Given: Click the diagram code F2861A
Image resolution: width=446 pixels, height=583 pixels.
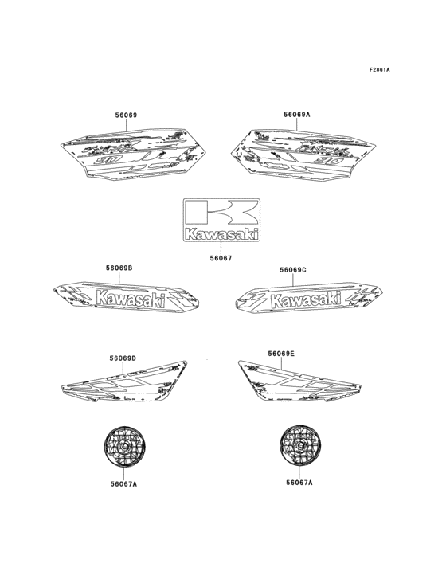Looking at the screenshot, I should coord(379,70).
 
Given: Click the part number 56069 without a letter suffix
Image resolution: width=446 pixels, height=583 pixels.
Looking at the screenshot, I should coord(127,115).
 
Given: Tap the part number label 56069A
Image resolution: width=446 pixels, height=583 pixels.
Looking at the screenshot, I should coord(296,115).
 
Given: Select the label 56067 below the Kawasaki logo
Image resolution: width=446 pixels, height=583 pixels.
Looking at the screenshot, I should coord(221,257).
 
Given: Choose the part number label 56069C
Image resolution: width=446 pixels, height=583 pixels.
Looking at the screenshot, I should coord(293,270).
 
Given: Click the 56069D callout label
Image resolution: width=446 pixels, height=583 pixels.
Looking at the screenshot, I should coord(123,358).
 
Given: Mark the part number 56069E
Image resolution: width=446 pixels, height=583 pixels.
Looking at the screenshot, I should coord(281,353).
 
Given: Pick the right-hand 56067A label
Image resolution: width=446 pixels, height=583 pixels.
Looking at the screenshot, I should coord(299,482).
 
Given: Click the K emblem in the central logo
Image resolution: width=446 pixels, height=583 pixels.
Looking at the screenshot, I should coord(221,213).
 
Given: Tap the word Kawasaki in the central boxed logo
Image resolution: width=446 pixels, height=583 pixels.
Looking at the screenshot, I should coord(221,234).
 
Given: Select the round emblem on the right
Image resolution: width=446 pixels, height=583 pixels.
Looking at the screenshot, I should coord(299,448).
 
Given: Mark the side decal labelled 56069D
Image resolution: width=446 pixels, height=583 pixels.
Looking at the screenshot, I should coord(131,384).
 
